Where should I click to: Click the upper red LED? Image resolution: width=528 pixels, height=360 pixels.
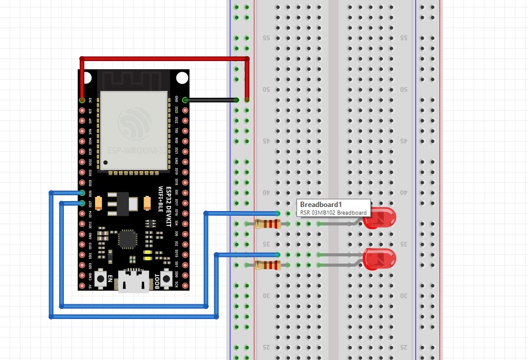[x=380, y=218]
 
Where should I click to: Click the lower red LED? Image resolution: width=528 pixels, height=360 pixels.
[x=380, y=259]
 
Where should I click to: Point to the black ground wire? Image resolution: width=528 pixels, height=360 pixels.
[x=211, y=100]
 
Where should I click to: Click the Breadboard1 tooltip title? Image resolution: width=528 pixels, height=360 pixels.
[x=321, y=204]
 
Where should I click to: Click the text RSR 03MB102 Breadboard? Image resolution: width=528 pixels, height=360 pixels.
[x=333, y=212]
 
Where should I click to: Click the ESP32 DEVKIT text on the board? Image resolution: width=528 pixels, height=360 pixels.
[x=169, y=208]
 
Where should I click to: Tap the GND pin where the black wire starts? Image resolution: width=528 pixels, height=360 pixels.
[x=185, y=100]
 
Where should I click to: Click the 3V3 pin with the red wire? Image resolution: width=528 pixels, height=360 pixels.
[x=82, y=100]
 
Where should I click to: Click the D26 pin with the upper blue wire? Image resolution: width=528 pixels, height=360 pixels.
[x=82, y=193]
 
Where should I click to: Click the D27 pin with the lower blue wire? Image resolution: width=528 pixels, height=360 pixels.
[x=82, y=203]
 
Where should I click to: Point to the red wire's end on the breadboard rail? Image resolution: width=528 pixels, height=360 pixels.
[x=247, y=100]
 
